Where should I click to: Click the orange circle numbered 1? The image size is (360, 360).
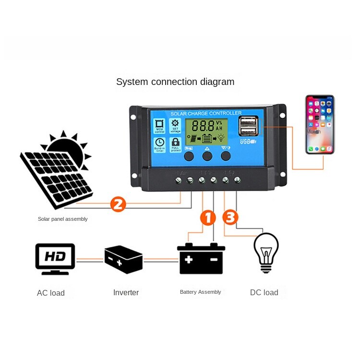click(208, 217)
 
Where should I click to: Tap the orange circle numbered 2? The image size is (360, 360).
click(118, 204)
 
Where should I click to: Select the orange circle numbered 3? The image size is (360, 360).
click(230, 217)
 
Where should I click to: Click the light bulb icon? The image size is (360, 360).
click(266, 252)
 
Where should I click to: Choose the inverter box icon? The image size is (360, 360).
click(123, 259)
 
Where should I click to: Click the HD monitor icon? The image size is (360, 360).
click(55, 259)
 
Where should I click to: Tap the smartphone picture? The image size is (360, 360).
click(320, 125)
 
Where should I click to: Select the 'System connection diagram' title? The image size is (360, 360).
click(175, 82)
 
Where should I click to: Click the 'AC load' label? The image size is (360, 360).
click(51, 293)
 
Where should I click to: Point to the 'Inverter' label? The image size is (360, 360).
click(126, 292)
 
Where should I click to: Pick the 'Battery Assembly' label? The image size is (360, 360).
click(201, 292)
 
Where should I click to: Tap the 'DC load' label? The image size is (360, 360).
click(264, 292)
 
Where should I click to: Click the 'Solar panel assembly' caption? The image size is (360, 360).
click(63, 219)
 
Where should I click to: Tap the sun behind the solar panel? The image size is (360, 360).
click(67, 146)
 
